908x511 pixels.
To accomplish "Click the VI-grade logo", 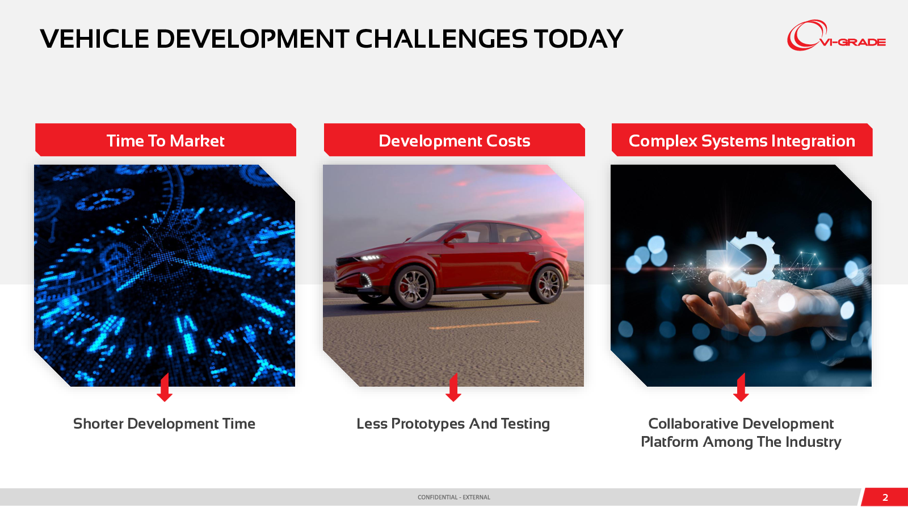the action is click(836, 35).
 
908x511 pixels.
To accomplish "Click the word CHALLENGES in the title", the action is click(442, 39).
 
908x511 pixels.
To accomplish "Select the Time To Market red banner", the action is click(165, 140).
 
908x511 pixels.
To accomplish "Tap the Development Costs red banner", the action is click(455, 140).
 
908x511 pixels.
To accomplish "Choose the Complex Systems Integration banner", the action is click(742, 140).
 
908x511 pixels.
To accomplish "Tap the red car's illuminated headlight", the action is click(370, 258).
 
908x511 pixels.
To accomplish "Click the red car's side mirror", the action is click(455, 238).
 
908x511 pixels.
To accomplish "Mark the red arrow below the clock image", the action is click(165, 388).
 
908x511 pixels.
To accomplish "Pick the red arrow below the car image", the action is click(453, 388).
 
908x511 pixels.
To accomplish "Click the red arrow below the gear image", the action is click(741, 388).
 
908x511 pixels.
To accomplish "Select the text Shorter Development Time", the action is click(164, 424).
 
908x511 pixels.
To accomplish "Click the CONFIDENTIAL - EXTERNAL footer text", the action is click(454, 497).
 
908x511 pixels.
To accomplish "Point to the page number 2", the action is click(885, 497).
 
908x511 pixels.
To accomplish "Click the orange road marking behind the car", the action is click(484, 325).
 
